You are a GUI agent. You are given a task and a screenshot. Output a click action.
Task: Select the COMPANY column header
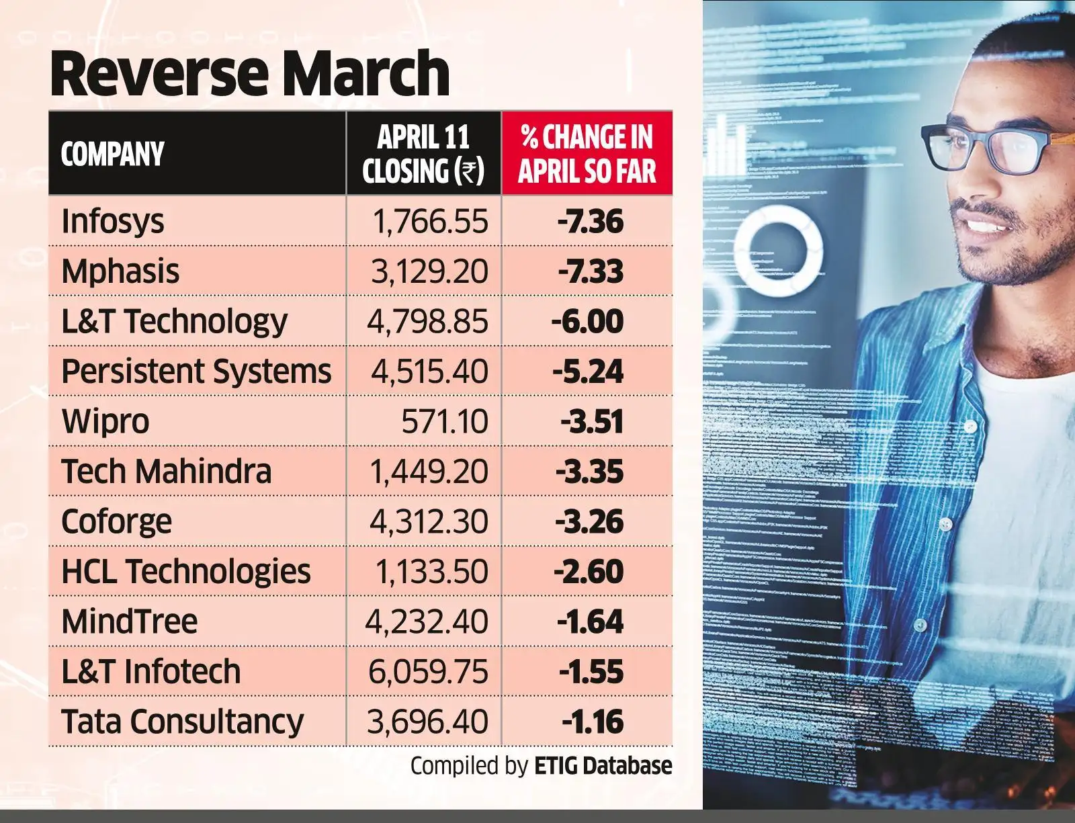coord(112,154)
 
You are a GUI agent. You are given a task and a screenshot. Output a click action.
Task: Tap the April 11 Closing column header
coord(423,154)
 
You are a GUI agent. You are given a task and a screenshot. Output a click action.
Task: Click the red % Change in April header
coord(587,154)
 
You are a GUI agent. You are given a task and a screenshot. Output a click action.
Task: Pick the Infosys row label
coord(112,222)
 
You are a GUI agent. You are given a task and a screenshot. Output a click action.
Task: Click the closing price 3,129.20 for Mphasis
coord(429,271)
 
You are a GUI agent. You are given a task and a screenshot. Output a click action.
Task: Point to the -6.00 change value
coord(587,321)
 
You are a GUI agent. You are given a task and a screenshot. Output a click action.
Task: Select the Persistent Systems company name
coord(196,371)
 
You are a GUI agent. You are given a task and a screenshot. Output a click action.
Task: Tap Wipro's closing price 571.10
coord(444,421)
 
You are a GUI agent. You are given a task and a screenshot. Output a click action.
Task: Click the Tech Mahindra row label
coord(166,471)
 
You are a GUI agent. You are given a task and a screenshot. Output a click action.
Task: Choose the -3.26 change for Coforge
coord(589,521)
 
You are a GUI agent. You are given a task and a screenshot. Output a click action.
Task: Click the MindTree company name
coord(129,621)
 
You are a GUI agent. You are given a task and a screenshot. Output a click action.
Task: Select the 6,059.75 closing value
coord(428,671)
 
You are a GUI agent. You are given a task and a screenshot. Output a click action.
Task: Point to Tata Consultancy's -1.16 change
coord(593,722)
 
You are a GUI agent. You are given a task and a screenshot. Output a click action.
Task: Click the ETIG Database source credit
coord(603,766)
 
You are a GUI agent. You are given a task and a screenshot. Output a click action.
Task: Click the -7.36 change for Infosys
coord(590,222)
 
